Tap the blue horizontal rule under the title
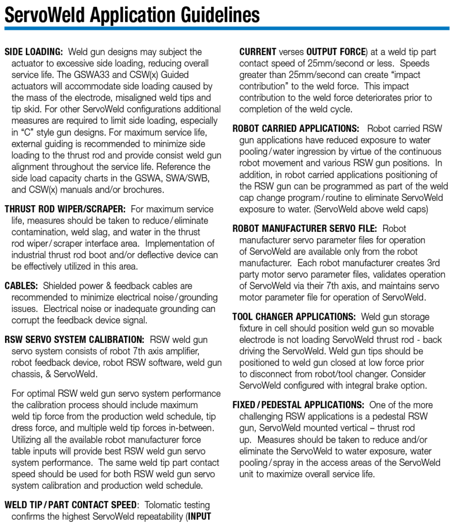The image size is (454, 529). [227, 28]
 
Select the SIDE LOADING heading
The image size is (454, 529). [34, 52]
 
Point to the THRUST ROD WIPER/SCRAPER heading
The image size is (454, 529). [65, 209]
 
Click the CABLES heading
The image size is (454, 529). [21, 286]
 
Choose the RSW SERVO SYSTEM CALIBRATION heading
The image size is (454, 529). [74, 339]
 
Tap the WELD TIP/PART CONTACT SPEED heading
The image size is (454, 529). [71, 505]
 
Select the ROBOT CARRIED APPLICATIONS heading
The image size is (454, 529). [295, 129]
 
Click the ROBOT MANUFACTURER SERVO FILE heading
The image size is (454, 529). [305, 228]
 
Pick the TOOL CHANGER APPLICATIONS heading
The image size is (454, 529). [294, 317]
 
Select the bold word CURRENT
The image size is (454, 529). [258, 52]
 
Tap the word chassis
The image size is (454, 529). [27, 374]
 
